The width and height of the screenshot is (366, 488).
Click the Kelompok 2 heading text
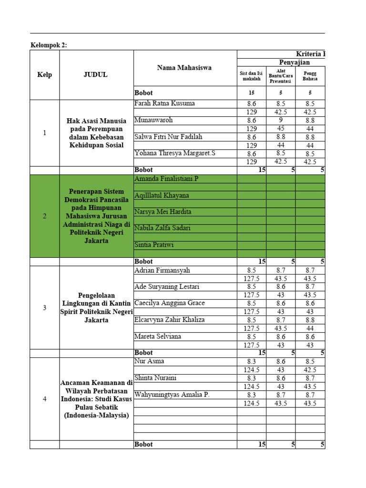(x=49, y=45)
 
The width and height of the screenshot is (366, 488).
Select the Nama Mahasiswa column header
(x=184, y=68)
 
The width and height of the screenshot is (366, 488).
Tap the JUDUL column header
(x=96, y=74)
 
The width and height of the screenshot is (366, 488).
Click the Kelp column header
(x=45, y=74)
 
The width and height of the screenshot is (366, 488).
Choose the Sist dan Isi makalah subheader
(x=251, y=76)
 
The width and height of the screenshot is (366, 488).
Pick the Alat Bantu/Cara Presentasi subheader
(x=281, y=75)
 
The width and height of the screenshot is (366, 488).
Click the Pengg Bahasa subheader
(x=310, y=75)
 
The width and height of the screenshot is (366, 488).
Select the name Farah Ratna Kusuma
(x=165, y=103)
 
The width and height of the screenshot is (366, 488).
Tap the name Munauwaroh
(x=154, y=120)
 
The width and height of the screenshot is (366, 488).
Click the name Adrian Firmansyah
(x=163, y=270)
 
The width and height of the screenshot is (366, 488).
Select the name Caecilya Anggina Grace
(x=170, y=303)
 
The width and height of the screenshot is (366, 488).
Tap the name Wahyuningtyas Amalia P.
(x=172, y=395)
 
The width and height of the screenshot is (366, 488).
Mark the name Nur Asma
(x=150, y=361)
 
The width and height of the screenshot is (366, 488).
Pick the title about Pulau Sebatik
(x=96, y=399)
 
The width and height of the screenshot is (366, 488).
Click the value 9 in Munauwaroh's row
(x=281, y=121)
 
